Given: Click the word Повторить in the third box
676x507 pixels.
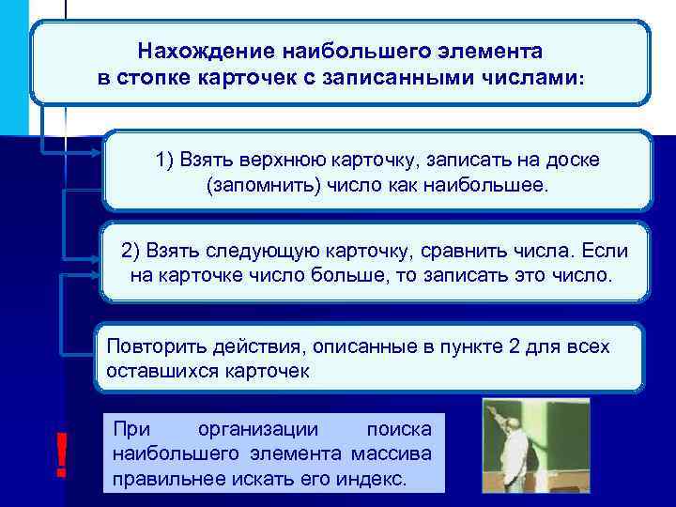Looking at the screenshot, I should tap(153, 346).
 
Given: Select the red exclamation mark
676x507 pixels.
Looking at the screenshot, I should tap(62, 456).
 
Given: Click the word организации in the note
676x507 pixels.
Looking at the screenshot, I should tap(258, 430).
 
